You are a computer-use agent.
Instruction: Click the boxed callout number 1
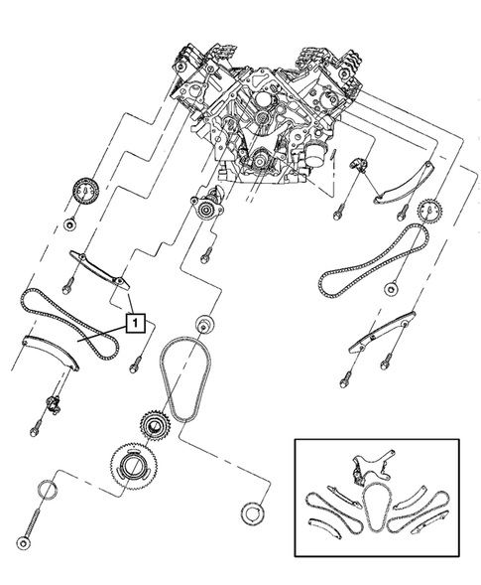134,321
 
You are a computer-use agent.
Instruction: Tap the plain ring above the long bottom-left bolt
48,490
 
